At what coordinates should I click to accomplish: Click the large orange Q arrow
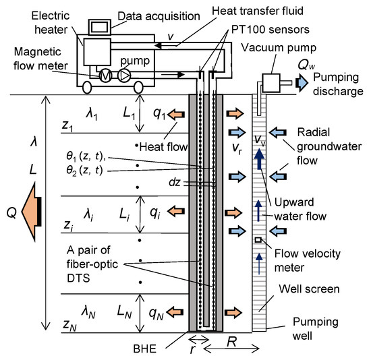(x=32, y=212)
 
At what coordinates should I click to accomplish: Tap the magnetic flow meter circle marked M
(x=105, y=76)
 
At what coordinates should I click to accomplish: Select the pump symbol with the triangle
(x=124, y=76)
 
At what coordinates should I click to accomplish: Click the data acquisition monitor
(x=100, y=27)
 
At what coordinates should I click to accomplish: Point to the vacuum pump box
(x=271, y=83)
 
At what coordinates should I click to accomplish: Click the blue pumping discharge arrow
(x=302, y=83)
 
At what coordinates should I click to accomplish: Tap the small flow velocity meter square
(x=258, y=240)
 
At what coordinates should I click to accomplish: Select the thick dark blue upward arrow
(x=260, y=158)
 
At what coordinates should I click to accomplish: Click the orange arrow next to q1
(x=176, y=115)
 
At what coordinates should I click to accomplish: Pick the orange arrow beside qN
(x=175, y=312)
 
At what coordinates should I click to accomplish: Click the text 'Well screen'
(x=309, y=289)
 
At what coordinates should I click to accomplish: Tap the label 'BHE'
(x=145, y=349)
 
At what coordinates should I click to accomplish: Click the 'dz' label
(x=175, y=183)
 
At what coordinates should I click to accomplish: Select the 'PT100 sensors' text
(x=270, y=30)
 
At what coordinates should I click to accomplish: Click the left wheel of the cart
(x=87, y=87)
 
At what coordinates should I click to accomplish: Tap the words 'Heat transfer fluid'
(x=258, y=11)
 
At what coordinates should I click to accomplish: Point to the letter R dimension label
(x=232, y=342)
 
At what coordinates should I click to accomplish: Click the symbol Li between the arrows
(x=125, y=215)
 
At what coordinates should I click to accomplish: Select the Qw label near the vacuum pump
(x=306, y=64)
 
